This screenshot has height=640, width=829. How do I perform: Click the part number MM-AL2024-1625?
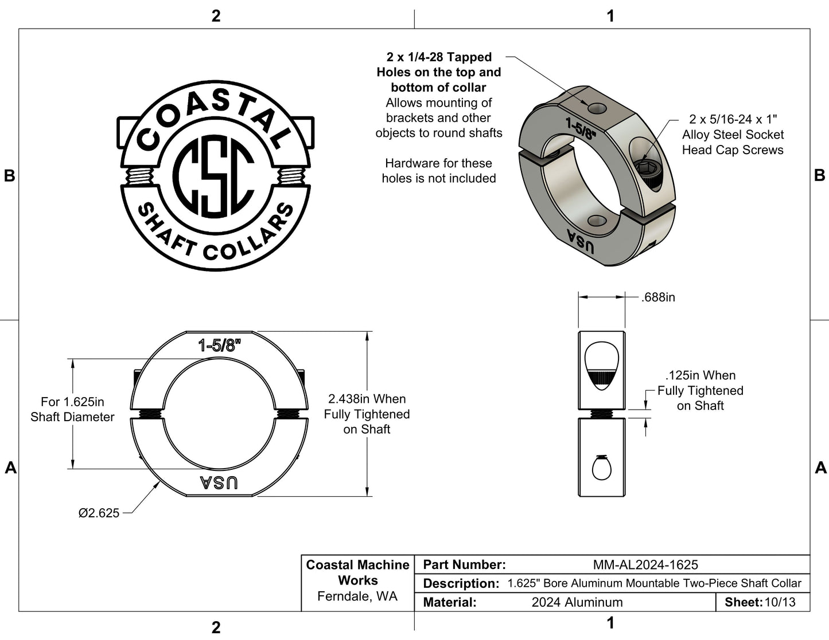645,565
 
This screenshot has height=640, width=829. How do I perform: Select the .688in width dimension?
658,297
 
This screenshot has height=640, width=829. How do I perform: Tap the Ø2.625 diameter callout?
99,513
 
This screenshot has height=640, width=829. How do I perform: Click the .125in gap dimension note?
700,390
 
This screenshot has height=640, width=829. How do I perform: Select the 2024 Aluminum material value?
577,602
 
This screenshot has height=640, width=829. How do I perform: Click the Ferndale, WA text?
357,596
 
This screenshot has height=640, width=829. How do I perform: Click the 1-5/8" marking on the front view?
219,345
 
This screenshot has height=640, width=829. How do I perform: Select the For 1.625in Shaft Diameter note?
72,409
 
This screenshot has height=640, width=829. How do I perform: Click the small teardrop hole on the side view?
601,468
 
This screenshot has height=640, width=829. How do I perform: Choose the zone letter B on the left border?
9,176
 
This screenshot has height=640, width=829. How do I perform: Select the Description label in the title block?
461,584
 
